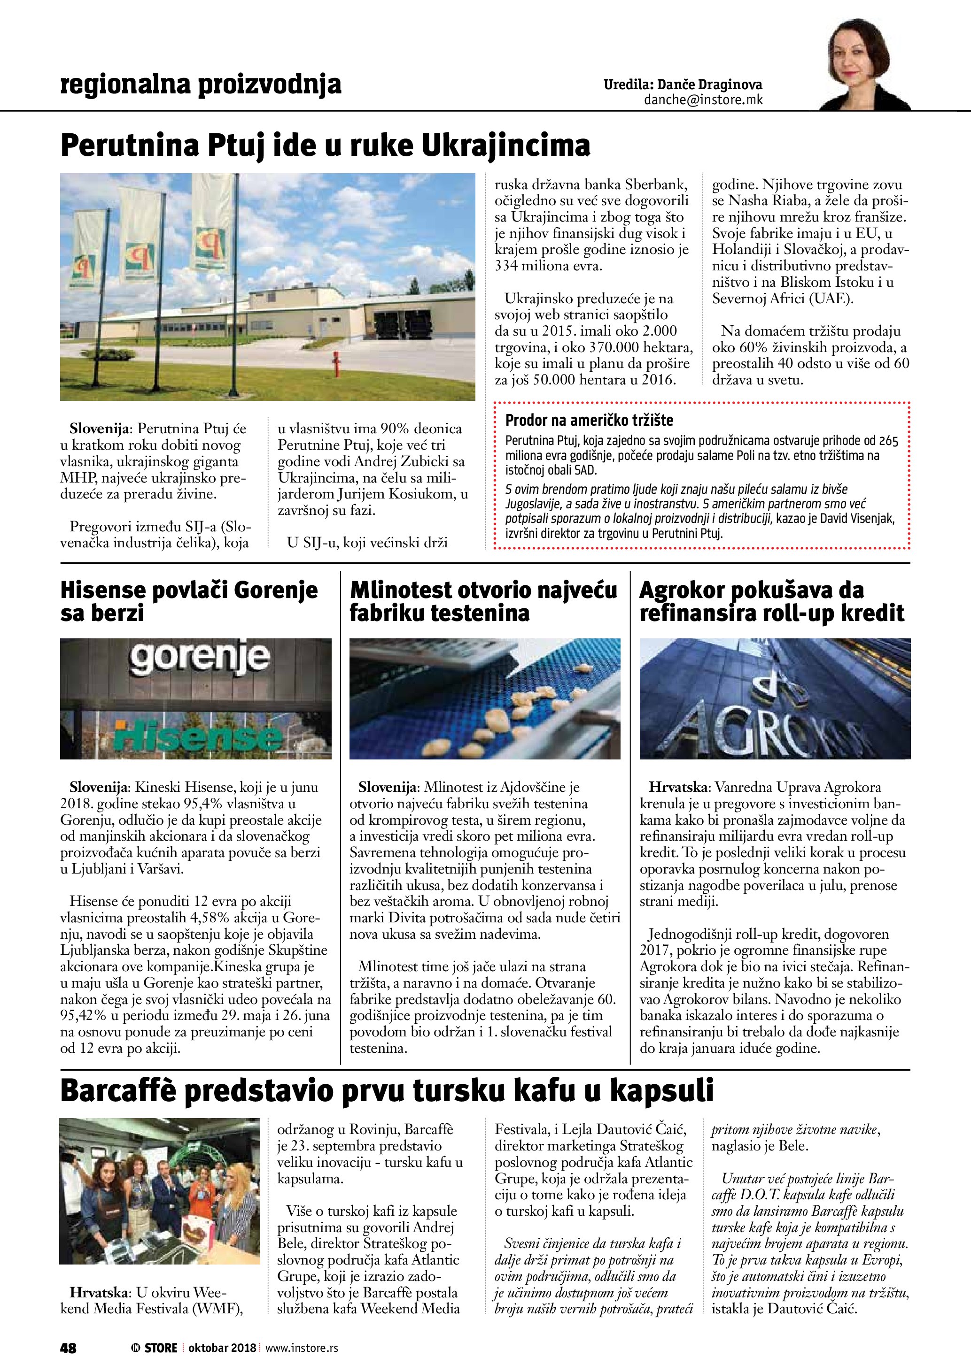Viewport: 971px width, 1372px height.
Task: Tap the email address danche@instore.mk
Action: click(703, 100)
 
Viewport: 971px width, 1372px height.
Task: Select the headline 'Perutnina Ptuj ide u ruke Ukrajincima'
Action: click(325, 145)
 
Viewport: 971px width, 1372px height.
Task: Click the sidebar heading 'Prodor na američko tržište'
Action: click(589, 420)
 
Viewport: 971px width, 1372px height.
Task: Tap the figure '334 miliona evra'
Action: click(548, 266)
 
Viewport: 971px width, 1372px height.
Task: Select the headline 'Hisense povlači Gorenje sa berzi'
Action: click(189, 601)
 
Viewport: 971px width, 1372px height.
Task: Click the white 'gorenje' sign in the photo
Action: click(200, 657)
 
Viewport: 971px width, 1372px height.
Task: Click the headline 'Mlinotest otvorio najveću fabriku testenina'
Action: click(483, 601)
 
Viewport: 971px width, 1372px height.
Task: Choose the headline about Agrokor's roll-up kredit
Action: click(771, 601)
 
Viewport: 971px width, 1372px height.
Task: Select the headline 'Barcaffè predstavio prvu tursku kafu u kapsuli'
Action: click(387, 1090)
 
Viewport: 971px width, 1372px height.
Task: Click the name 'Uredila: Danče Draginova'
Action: click(683, 85)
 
